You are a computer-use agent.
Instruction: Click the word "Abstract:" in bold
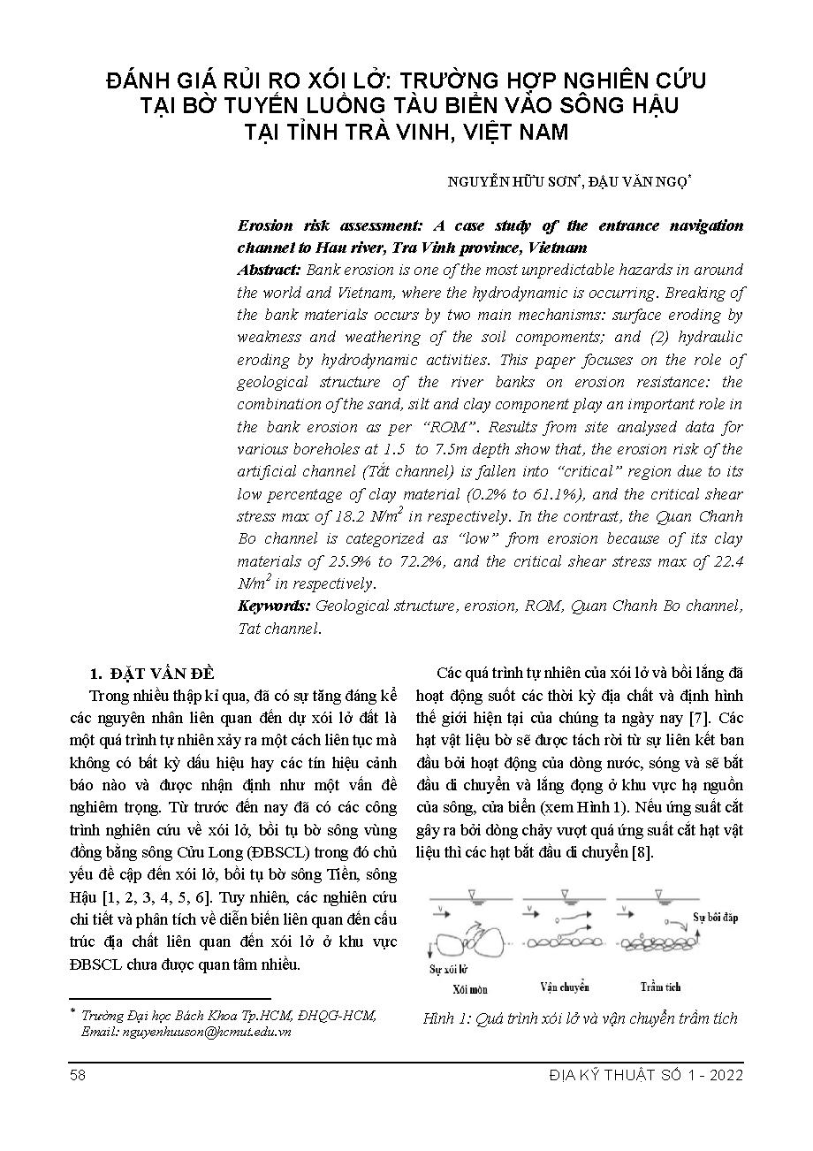269,270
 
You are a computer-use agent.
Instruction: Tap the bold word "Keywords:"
274,606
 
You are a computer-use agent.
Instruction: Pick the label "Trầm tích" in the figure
662,987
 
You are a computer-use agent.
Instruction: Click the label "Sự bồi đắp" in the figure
715,918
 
